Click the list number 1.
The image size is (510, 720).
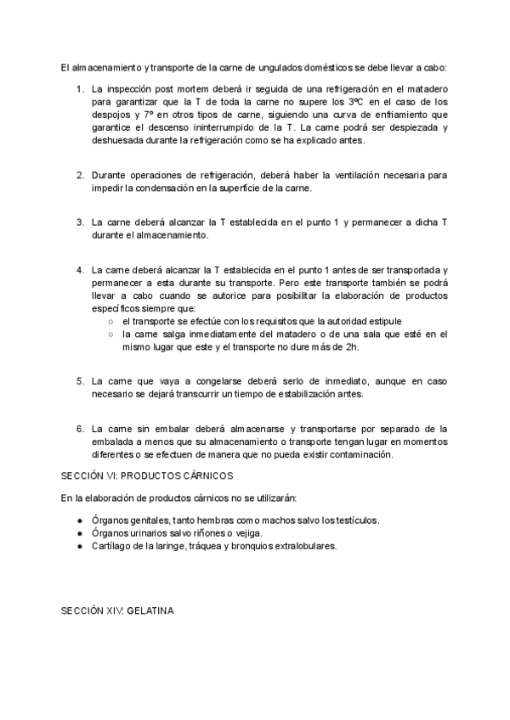pyautogui.click(x=80, y=89)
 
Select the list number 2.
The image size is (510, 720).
pyautogui.click(x=80, y=175)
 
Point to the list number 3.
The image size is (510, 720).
pyautogui.click(x=80, y=222)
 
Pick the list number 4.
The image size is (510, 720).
pyautogui.click(x=80, y=270)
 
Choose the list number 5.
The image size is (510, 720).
pyautogui.click(x=80, y=381)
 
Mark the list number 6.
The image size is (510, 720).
pyautogui.click(x=80, y=429)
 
